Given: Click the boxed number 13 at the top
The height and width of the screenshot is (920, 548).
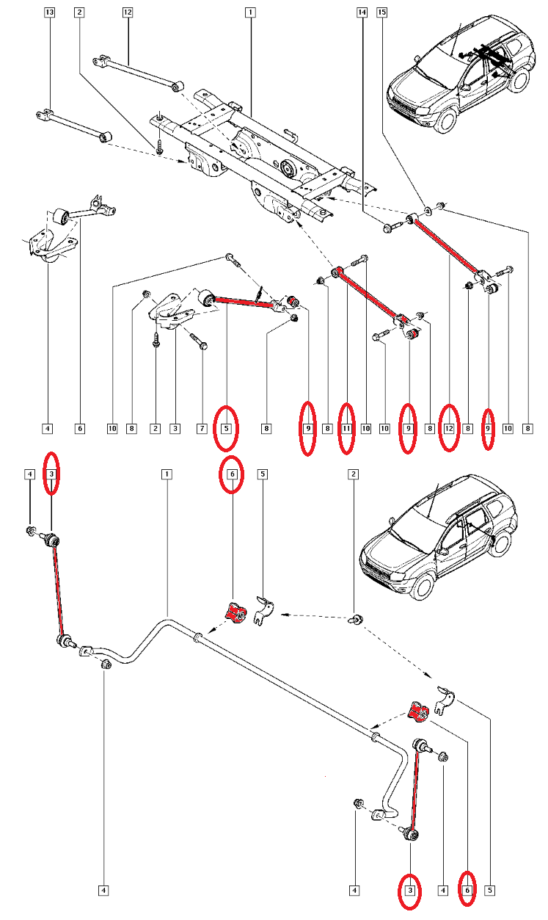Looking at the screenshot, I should pos(50,12).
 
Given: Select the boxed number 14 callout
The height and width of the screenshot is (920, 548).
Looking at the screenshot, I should pos(362,12).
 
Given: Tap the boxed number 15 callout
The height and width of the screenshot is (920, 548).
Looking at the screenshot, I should pos(382,12).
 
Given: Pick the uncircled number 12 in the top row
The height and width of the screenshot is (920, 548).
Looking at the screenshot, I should pos(128,12).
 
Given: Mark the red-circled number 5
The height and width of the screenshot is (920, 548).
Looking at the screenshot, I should pos(227,427).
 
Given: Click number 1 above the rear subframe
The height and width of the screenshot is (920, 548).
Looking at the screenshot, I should pos(250,12).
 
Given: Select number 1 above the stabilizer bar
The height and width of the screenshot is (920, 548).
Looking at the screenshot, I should pos(167,474).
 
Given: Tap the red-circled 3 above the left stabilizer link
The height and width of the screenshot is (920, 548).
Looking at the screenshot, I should pos(51,474).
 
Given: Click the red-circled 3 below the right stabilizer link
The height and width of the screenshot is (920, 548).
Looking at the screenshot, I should pos(410,891).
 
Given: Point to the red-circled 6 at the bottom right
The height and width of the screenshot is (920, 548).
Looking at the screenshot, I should pos(467,891).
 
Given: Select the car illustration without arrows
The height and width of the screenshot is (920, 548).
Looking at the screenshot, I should pos(439,536).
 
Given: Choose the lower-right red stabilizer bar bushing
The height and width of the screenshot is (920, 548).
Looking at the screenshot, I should pos(418,711).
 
